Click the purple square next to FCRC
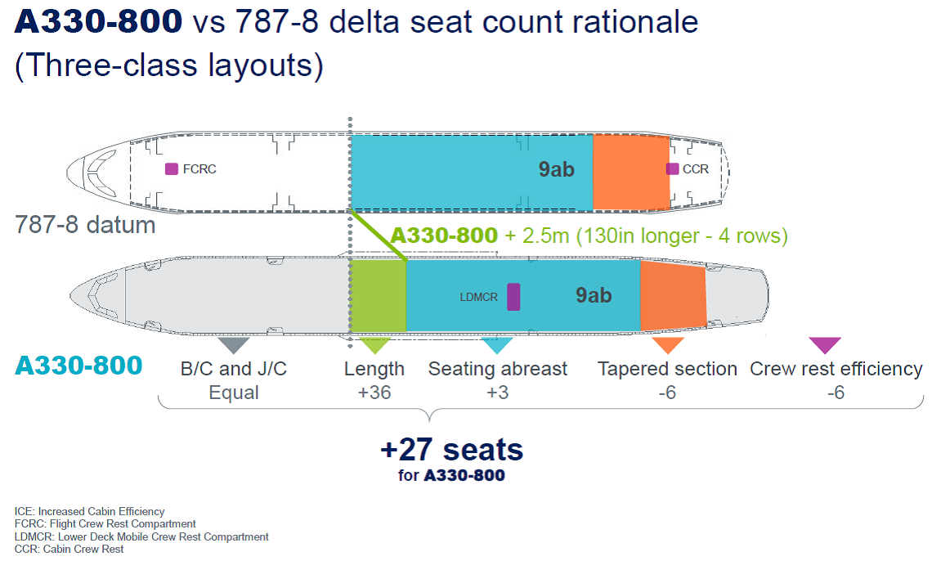click(171, 168)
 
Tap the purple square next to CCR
click(672, 168)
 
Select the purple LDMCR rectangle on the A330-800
click(513, 297)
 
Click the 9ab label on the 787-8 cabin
click(557, 169)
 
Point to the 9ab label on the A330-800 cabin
click(594, 295)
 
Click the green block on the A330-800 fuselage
click(378, 295)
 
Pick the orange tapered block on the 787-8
click(631, 173)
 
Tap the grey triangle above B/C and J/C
click(234, 344)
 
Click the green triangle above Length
click(374, 344)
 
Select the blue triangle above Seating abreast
click(497, 344)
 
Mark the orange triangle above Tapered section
click(667, 344)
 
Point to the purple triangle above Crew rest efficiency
click(825, 344)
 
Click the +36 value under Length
click(374, 393)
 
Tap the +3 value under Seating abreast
click(498, 393)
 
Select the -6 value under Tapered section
click(667, 393)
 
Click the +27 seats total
click(452, 449)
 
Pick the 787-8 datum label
click(85, 225)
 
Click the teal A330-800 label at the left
click(78, 365)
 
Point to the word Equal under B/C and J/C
click(234, 393)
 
